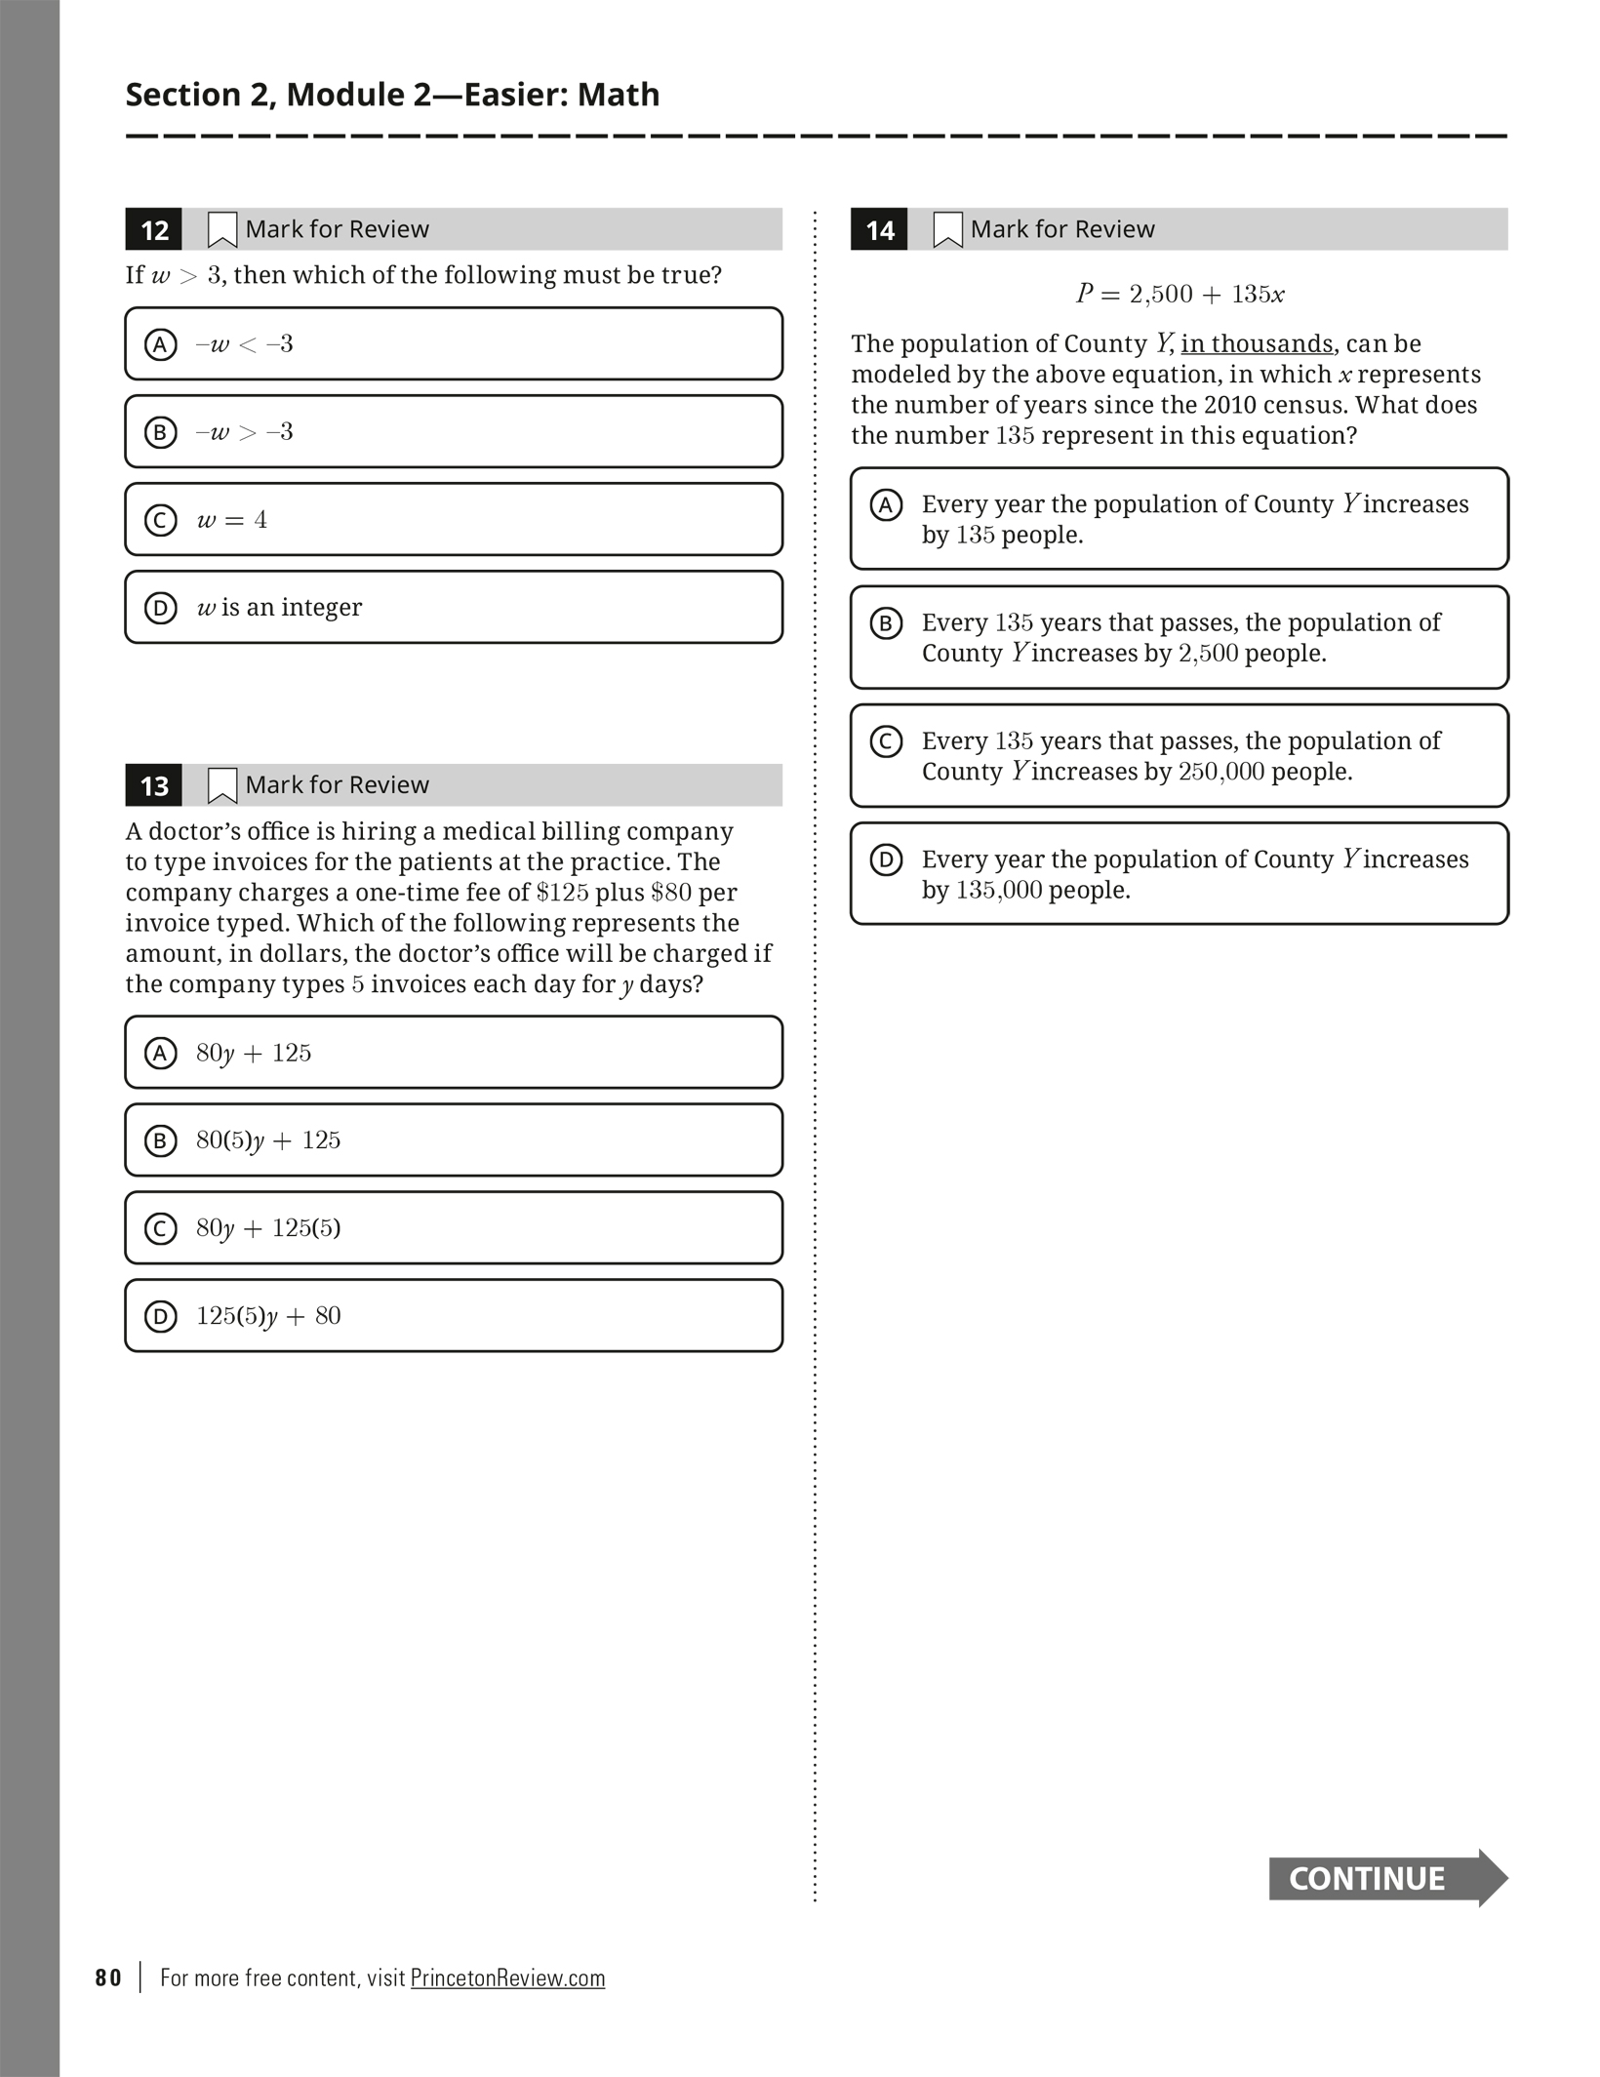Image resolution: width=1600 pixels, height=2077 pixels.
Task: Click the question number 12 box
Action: [154, 230]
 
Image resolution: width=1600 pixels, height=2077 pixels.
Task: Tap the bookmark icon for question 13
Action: [222, 785]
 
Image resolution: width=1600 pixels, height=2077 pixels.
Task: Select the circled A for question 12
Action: [161, 344]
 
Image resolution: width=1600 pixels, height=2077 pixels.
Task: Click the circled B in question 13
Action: [161, 1140]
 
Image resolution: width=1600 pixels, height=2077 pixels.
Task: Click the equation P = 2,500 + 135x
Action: [1180, 294]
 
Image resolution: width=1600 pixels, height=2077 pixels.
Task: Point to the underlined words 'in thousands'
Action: [1257, 344]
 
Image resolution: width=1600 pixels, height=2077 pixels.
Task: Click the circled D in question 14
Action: [886, 859]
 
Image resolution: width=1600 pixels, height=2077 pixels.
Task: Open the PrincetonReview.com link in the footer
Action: [507, 1977]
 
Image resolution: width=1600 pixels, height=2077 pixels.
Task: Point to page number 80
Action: [108, 1977]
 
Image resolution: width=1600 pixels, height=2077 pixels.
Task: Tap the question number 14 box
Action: [879, 230]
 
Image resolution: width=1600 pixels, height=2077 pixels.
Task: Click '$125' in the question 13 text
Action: [562, 893]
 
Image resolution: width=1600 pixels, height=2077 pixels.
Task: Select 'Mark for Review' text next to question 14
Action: [1062, 229]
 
